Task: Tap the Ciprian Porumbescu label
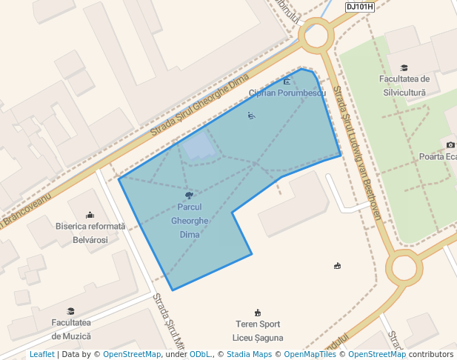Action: pyautogui.click(x=287, y=93)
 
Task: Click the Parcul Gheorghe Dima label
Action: pyautogui.click(x=190, y=221)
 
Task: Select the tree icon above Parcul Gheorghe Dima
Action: pyautogui.click(x=190, y=196)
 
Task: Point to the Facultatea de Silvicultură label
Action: pyautogui.click(x=404, y=85)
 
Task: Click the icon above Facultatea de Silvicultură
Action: pyautogui.click(x=404, y=67)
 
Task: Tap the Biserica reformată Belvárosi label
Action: pyautogui.click(x=90, y=233)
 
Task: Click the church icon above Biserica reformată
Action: pyautogui.click(x=90, y=215)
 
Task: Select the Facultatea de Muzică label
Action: pyautogui.click(x=71, y=329)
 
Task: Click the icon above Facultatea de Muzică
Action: pyautogui.click(x=71, y=311)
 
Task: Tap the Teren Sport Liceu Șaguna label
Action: pyautogui.click(x=258, y=330)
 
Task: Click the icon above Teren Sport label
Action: pyautogui.click(x=258, y=313)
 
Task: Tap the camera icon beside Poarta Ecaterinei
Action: pyautogui.click(x=450, y=144)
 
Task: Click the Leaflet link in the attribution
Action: pyautogui.click(x=41, y=355)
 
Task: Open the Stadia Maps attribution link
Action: pyautogui.click(x=248, y=355)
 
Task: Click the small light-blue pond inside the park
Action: pyautogui.click(x=199, y=147)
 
